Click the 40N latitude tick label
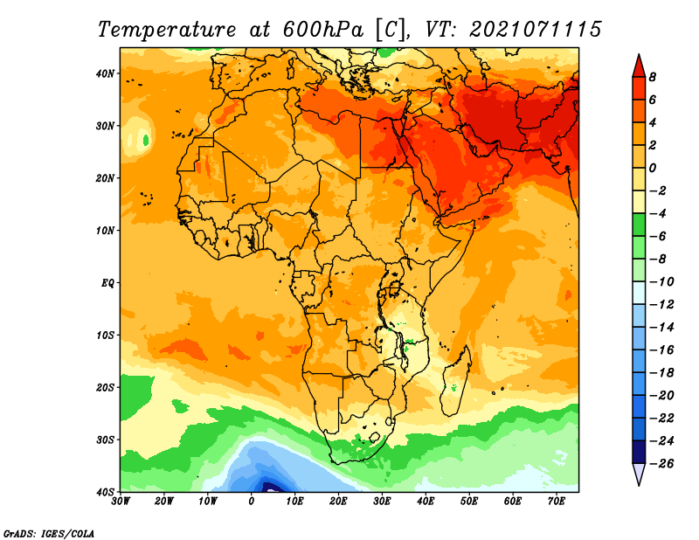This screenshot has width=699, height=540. [105, 73]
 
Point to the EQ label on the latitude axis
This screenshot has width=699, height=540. [107, 283]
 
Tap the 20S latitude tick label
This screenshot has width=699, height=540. [105, 387]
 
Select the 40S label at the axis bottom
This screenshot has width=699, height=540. [105, 492]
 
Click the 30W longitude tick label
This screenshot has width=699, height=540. [121, 502]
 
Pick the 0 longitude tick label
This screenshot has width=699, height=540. [252, 502]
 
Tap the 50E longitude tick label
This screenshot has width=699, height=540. [469, 502]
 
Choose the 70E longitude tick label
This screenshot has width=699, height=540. [557, 502]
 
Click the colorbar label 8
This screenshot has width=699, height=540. [652, 77]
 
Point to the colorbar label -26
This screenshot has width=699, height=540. [661, 464]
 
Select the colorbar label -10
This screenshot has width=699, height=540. [661, 282]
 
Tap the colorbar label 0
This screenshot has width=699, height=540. [652, 168]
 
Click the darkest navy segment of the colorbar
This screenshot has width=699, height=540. [639, 452]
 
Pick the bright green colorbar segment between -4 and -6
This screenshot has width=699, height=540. [639, 225]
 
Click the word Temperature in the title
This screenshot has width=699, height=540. [166, 30]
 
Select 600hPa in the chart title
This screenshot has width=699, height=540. [322, 30]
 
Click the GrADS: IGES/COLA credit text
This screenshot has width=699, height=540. [49, 533]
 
